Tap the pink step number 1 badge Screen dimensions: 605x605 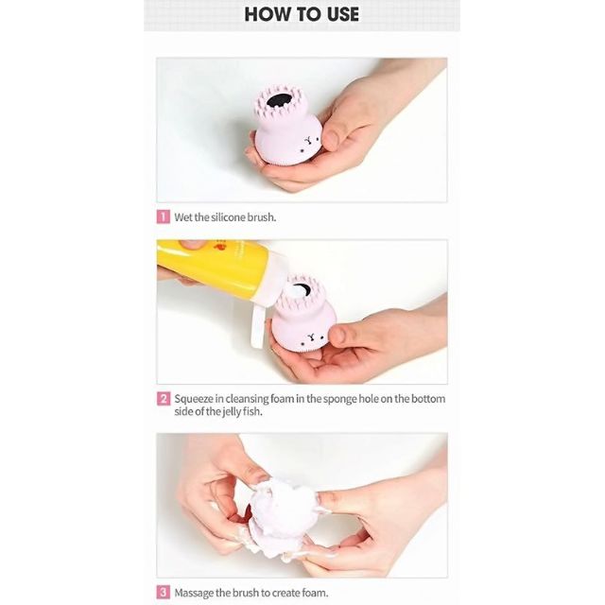click(163, 216)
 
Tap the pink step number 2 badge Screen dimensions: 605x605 click(164, 399)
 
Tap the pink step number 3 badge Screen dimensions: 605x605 click(163, 593)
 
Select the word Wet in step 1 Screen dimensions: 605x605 click(183, 217)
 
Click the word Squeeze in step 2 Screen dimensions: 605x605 click(194, 399)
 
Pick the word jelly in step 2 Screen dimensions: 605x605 click(232, 412)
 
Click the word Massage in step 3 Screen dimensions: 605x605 click(194, 593)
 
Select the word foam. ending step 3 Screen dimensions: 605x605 click(315, 593)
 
